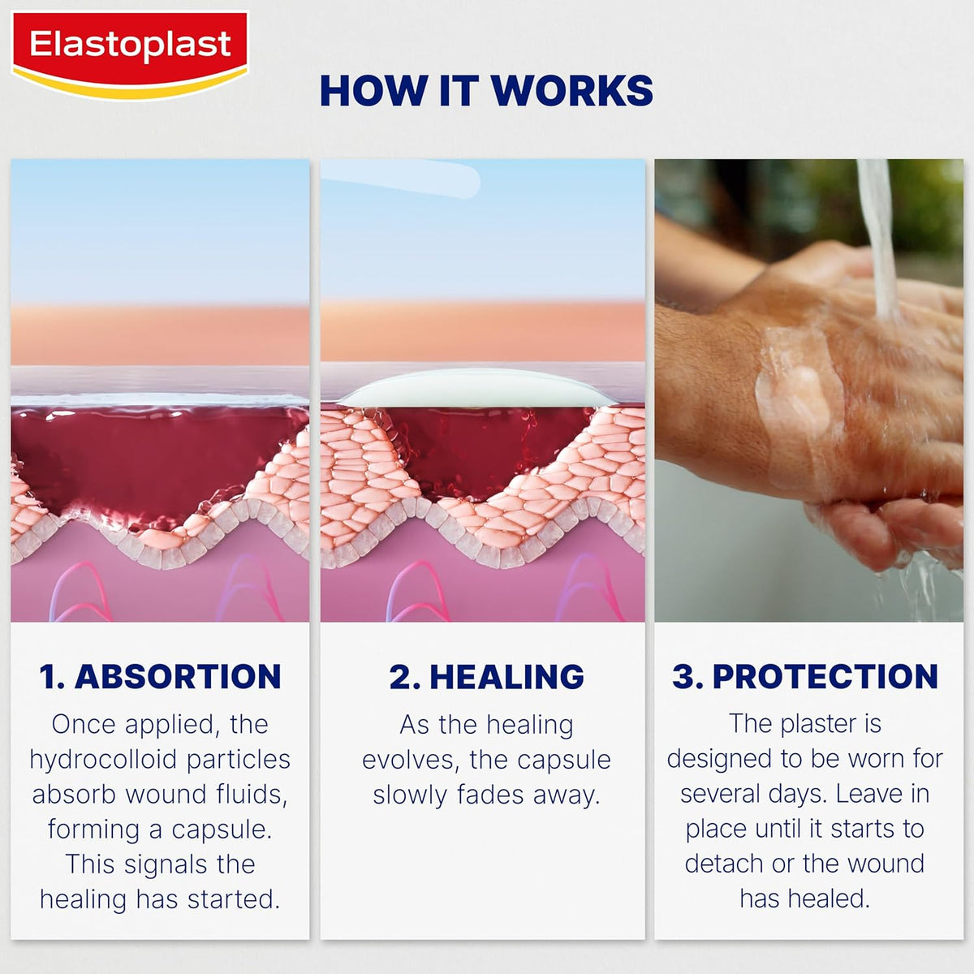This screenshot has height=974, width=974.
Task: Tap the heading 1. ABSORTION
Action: [160, 676]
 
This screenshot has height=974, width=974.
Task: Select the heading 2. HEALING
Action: [486, 676]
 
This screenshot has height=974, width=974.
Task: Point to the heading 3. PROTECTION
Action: [804, 676]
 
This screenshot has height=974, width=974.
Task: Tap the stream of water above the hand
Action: [878, 235]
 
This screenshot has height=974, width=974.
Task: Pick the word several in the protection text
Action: [724, 794]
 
